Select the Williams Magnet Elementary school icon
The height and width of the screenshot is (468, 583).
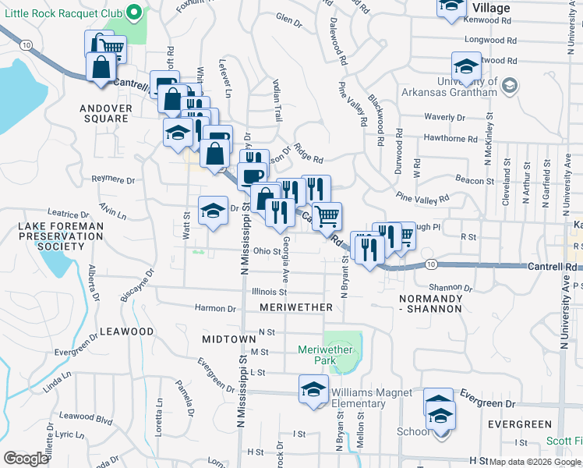[x=313, y=390]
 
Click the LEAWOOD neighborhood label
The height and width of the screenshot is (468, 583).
[x=127, y=331]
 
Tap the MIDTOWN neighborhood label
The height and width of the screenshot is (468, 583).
[x=229, y=340]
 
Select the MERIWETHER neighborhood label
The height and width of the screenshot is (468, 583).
[x=295, y=308]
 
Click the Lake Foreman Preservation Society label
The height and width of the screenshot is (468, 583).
[x=50, y=236]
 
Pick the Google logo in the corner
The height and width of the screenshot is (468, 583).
[x=26, y=458]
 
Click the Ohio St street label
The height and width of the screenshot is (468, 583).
[x=266, y=251]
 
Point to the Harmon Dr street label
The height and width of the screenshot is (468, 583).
[x=215, y=308]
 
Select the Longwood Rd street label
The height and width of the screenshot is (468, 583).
[x=491, y=39]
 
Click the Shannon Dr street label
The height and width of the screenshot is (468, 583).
[x=446, y=287]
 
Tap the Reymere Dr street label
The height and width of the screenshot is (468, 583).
[x=113, y=179]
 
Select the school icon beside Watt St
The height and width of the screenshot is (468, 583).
[x=213, y=211]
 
